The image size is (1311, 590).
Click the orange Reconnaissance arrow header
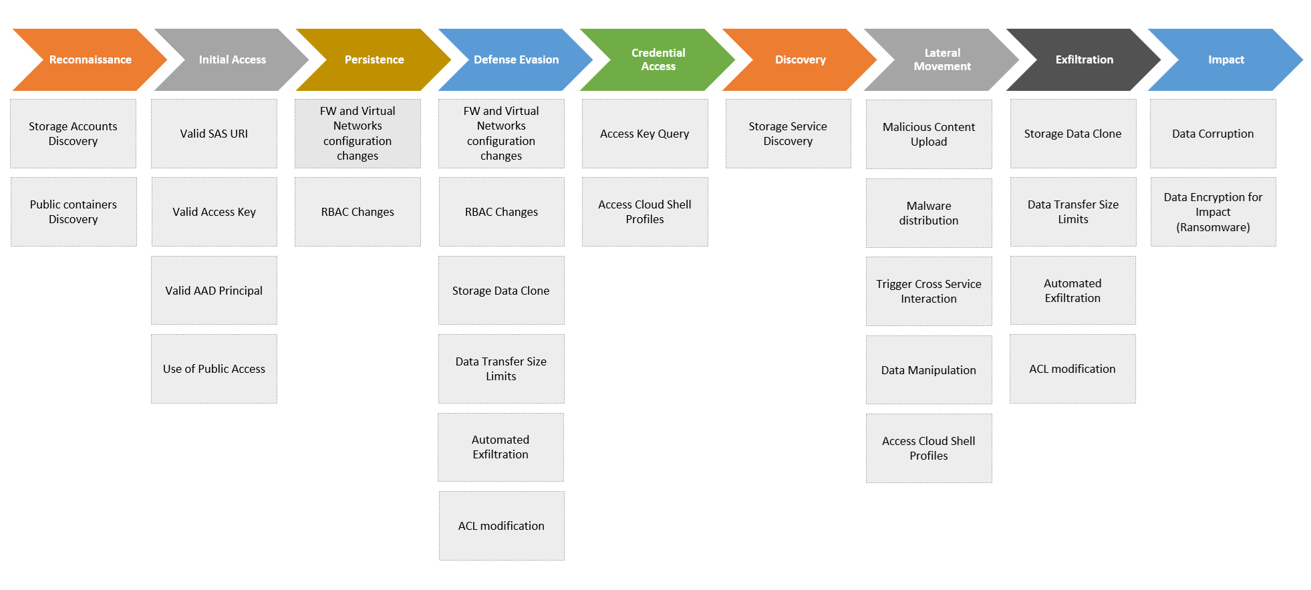[x=90, y=59]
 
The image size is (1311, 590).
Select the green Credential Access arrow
[x=658, y=59]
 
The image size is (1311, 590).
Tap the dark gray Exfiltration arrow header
[x=1084, y=59]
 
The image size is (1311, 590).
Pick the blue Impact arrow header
[x=1225, y=59]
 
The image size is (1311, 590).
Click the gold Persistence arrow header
[x=374, y=59]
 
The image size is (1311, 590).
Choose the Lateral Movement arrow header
[x=942, y=59]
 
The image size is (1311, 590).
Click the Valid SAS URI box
[x=214, y=134]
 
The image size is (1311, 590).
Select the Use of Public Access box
[x=214, y=369]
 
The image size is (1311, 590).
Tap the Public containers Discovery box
[x=74, y=212]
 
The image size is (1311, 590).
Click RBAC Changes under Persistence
[x=357, y=212]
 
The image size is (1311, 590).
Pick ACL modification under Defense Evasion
[x=501, y=526]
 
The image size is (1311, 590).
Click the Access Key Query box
[x=645, y=134]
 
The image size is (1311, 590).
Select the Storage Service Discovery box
[x=788, y=134]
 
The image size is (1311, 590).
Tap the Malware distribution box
[x=929, y=213]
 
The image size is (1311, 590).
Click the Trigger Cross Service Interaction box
[x=929, y=291]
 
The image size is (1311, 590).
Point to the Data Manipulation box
[x=929, y=370]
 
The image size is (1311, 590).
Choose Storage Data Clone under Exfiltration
[x=1072, y=134]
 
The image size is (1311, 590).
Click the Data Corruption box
[x=1213, y=134]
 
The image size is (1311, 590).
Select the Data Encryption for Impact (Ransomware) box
[x=1213, y=212]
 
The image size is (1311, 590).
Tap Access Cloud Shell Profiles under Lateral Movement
[x=929, y=448]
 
